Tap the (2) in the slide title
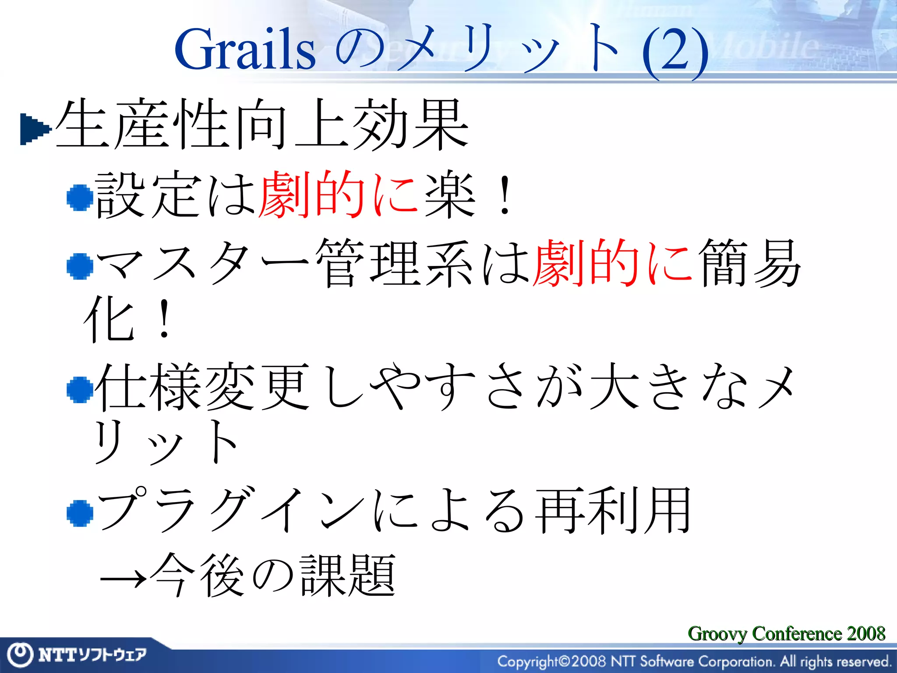(x=675, y=52)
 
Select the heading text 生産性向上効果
(x=261, y=124)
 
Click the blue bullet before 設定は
(x=80, y=198)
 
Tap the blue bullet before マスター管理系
(x=80, y=266)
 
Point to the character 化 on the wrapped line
(x=109, y=319)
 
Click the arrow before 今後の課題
(x=123, y=579)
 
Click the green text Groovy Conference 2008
(x=786, y=634)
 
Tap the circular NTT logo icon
(x=20, y=655)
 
